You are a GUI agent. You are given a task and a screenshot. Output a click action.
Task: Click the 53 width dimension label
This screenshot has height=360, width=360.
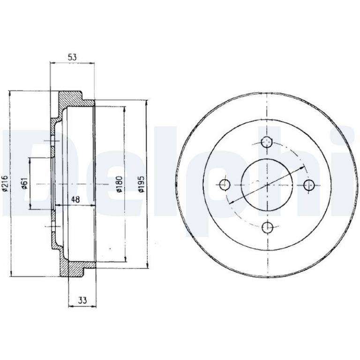72,57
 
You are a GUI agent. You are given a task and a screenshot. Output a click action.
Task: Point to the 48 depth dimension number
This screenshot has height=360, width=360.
75,200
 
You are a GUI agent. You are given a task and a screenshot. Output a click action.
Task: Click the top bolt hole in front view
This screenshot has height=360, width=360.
267,142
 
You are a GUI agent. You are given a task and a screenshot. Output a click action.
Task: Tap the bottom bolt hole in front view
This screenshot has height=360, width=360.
267,227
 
